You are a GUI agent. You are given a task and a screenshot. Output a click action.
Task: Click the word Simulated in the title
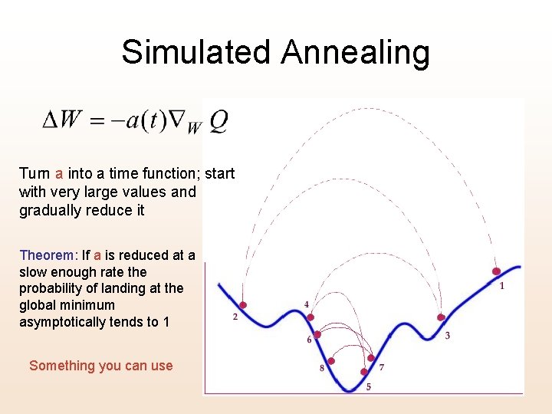click(197, 52)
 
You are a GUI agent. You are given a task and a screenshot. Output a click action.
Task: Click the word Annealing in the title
click(355, 52)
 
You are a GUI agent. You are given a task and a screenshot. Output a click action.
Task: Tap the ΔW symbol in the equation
click(61, 120)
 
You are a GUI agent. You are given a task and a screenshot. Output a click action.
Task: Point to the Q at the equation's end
click(218, 120)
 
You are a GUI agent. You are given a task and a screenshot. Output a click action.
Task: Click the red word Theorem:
click(49, 255)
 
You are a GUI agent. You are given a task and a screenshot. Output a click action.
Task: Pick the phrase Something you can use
click(101, 366)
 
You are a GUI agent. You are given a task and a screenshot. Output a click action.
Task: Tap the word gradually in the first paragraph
click(50, 210)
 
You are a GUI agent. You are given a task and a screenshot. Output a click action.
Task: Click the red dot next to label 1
click(496, 271)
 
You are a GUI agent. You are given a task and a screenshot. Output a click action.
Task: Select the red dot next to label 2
click(245, 304)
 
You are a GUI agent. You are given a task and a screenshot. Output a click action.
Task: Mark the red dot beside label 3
click(441, 317)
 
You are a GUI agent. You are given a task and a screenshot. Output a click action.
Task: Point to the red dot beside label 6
click(317, 334)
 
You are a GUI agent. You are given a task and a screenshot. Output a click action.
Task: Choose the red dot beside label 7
click(371, 358)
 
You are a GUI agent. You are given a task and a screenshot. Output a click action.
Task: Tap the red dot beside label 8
click(331, 361)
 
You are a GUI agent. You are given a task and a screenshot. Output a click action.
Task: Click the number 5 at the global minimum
click(368, 387)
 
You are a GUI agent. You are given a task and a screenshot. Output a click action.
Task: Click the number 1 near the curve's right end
click(501, 286)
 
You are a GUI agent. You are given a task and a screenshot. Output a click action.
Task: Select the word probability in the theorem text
click(52, 289)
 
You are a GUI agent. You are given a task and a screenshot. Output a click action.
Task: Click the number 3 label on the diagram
click(447, 336)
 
